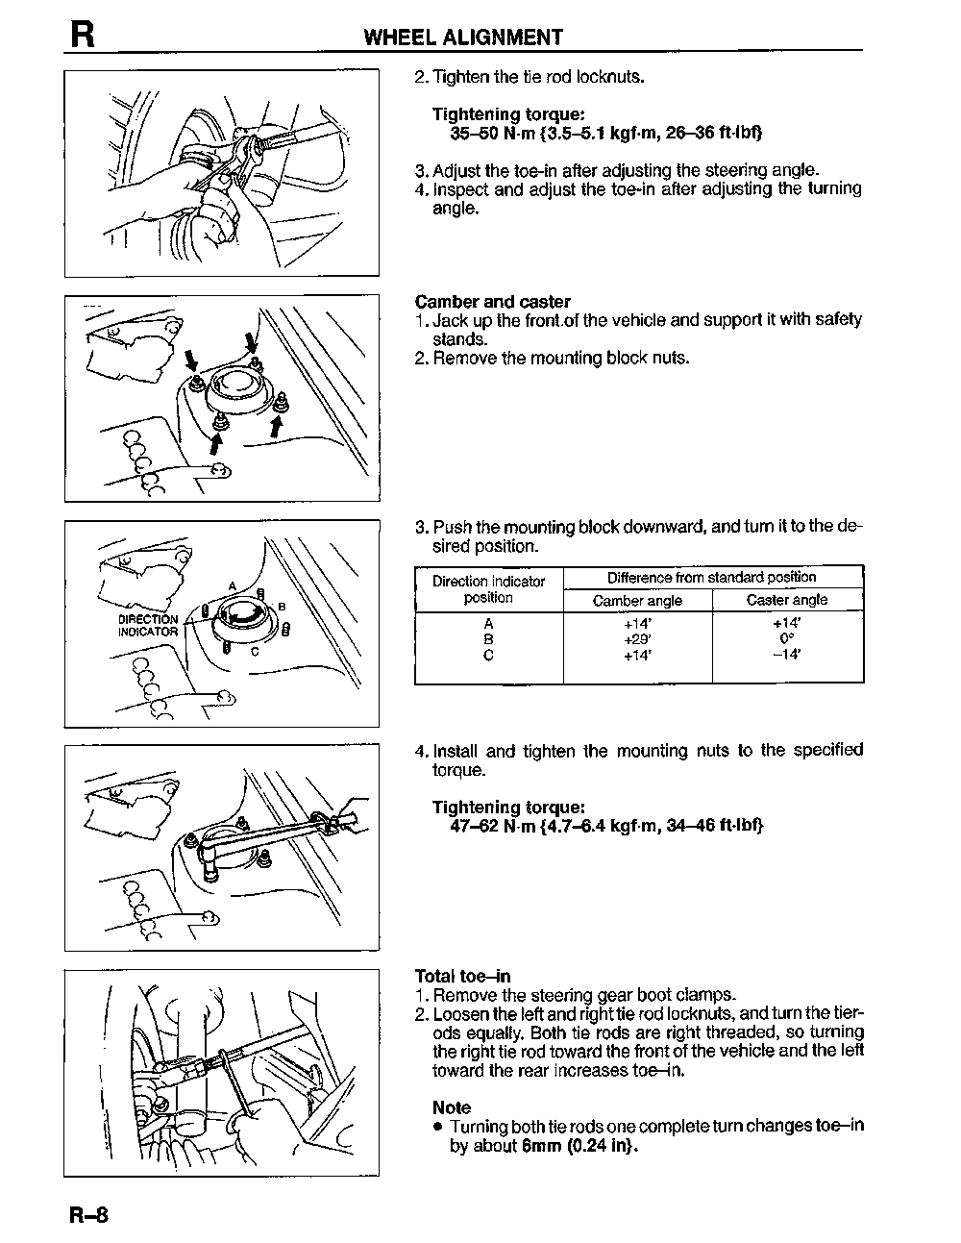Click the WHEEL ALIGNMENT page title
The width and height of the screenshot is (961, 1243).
463,37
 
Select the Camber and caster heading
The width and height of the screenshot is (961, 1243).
492,302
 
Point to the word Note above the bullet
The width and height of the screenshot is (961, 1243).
452,1107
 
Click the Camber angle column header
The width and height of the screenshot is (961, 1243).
637,601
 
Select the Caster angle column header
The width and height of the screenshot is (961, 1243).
787,601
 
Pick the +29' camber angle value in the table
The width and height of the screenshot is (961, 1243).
637,639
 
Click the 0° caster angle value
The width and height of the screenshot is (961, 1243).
787,639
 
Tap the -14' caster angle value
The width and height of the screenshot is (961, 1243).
787,656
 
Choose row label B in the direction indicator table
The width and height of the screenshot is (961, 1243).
488,639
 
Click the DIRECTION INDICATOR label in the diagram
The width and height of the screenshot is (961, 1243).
148,626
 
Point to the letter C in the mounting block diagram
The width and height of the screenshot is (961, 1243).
255,651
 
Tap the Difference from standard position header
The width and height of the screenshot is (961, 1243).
711,578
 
